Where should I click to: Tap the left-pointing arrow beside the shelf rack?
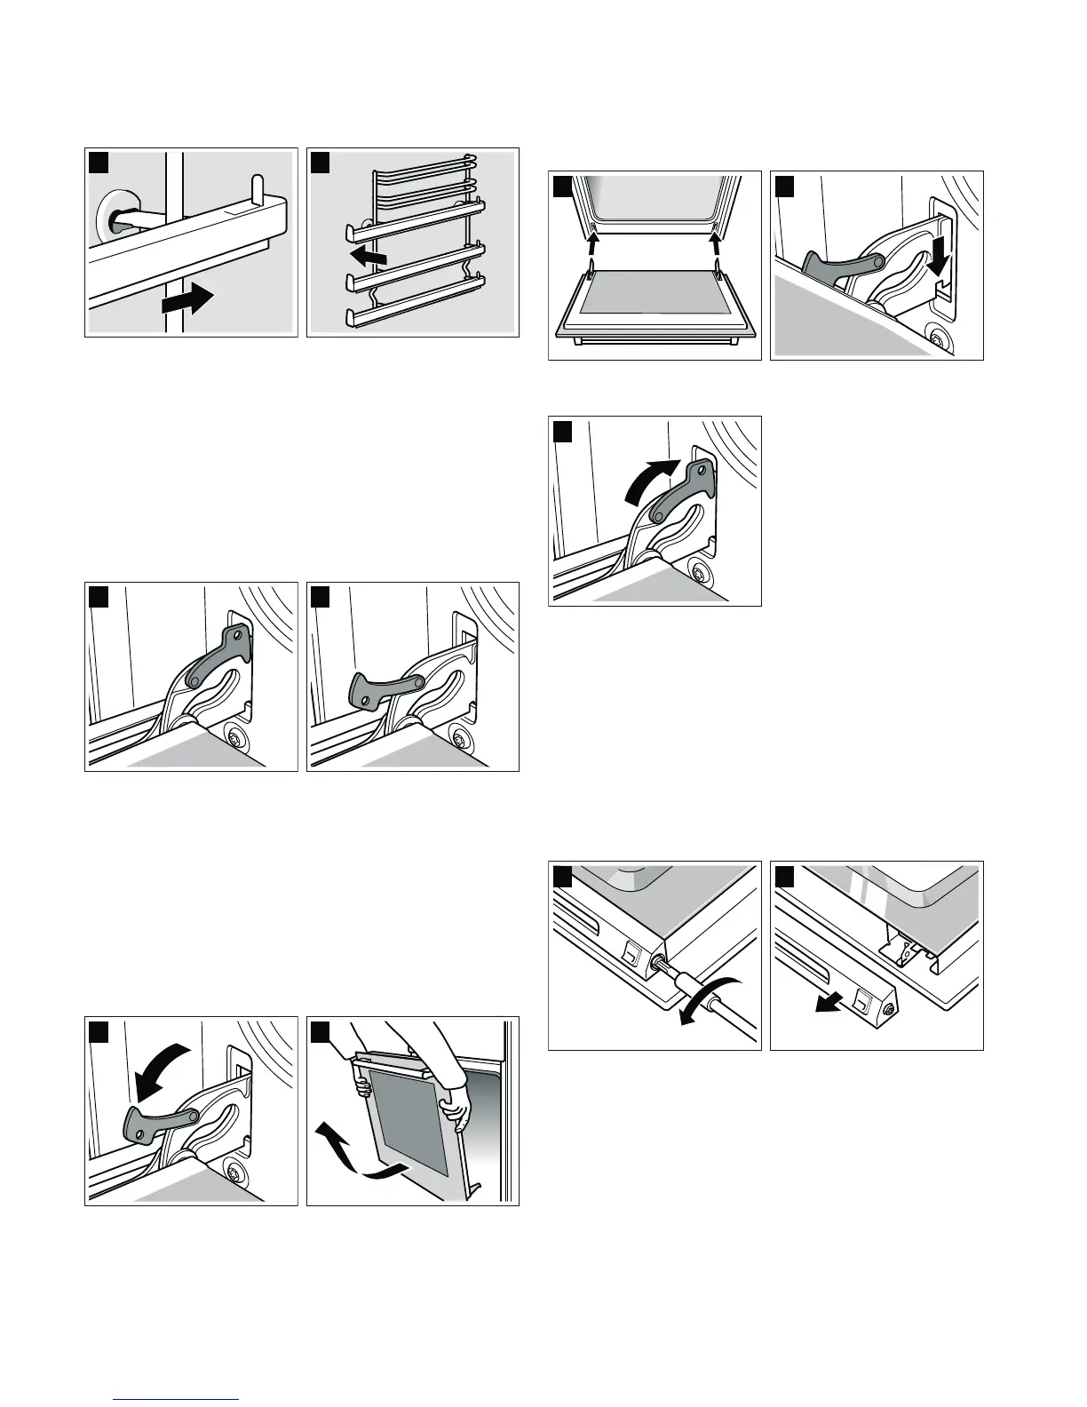(x=369, y=258)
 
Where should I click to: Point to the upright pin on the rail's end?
(x=258, y=189)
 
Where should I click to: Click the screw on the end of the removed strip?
(x=890, y=1010)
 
